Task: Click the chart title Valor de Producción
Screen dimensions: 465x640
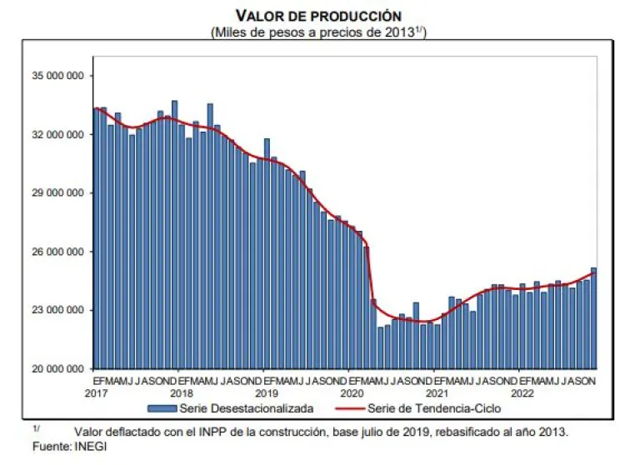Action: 318,16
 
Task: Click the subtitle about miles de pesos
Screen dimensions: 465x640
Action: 319,32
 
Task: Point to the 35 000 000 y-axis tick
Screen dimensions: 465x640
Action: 56,76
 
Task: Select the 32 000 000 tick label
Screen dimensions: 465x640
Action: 56,134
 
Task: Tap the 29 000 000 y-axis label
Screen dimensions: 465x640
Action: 56,192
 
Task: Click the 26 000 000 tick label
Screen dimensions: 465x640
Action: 56,252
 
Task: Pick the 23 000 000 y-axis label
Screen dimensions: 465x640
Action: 56,310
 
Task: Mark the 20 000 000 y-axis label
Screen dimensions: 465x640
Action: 56,368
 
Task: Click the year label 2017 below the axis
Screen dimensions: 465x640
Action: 97,392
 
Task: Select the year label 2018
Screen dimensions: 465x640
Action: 182,392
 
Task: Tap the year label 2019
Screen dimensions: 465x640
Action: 267,392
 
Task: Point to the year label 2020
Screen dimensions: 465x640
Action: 352,392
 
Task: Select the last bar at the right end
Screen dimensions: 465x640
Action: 593,317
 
